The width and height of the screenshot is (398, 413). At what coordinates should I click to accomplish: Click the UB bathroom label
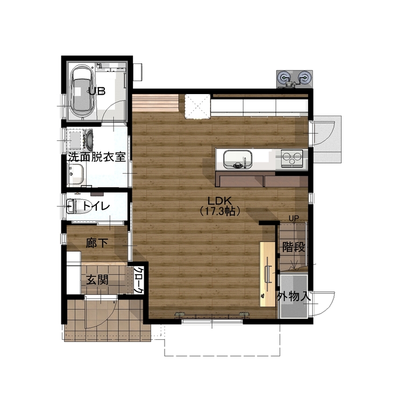[x=97, y=91]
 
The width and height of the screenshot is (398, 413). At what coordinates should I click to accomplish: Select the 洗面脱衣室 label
[x=97, y=157]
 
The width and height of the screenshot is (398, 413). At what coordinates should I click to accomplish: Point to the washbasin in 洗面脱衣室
[x=76, y=174]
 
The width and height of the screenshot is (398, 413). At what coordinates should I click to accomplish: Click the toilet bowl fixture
[x=73, y=206]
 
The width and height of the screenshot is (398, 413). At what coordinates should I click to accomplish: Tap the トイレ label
[x=96, y=206]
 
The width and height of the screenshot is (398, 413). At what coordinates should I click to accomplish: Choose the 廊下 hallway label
[x=97, y=243]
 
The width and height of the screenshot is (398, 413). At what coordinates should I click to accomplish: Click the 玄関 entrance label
[x=97, y=280]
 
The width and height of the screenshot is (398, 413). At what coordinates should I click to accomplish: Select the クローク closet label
[x=139, y=280]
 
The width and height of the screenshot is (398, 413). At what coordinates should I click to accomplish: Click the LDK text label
[x=219, y=201]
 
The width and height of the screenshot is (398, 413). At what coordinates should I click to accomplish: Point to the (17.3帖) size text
[x=219, y=211]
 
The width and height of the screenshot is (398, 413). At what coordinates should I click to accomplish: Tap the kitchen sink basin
[x=238, y=159]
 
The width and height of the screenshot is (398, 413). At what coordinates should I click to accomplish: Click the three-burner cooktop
[x=292, y=158]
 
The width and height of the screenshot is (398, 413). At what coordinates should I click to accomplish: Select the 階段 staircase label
[x=294, y=247]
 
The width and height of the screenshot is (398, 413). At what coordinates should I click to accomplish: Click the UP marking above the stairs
[x=294, y=218]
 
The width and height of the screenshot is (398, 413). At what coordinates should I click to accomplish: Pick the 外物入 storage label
[x=294, y=297]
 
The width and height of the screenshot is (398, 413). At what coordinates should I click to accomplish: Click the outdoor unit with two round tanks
[x=295, y=79]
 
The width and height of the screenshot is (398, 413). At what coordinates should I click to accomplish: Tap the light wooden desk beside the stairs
[x=268, y=274]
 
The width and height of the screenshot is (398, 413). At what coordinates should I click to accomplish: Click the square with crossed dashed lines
[x=197, y=106]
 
